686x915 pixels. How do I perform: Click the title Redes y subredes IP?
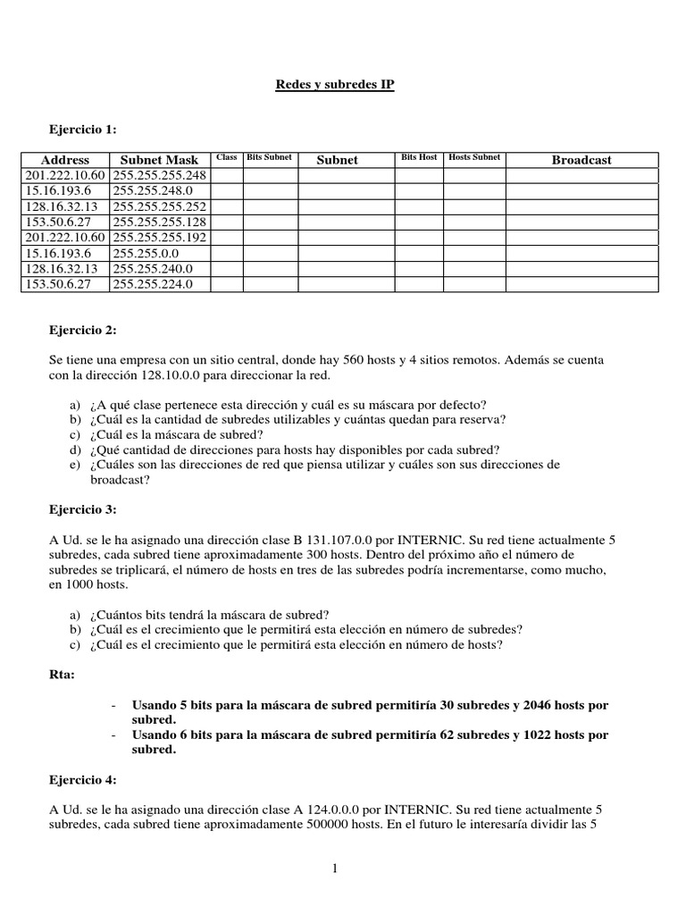(x=333, y=85)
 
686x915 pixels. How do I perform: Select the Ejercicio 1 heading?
(x=82, y=130)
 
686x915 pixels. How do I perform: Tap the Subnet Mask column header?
(x=159, y=160)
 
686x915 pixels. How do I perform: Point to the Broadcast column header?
(x=581, y=160)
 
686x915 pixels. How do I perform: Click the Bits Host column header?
(x=419, y=157)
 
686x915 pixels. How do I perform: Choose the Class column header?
(x=227, y=157)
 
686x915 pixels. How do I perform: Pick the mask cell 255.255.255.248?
(x=160, y=175)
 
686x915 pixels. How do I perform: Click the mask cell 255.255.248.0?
(x=151, y=191)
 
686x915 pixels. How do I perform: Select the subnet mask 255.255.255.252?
(x=160, y=206)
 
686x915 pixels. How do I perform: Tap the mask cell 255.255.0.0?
(x=145, y=253)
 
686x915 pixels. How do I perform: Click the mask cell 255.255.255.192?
(x=160, y=238)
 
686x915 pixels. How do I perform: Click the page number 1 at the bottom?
(x=333, y=867)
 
